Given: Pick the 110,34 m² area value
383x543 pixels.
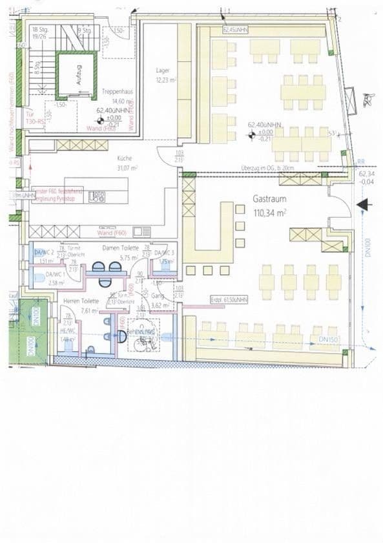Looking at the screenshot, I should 271,212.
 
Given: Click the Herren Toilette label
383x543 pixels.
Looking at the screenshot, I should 81,301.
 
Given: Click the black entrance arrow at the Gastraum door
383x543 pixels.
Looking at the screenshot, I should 364,205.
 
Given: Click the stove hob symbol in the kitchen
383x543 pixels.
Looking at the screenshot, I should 98,197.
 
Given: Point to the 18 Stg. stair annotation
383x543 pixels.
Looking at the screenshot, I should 39,30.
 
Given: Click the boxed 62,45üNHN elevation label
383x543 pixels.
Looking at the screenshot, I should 236,30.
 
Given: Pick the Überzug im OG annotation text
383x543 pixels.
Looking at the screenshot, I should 267,167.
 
